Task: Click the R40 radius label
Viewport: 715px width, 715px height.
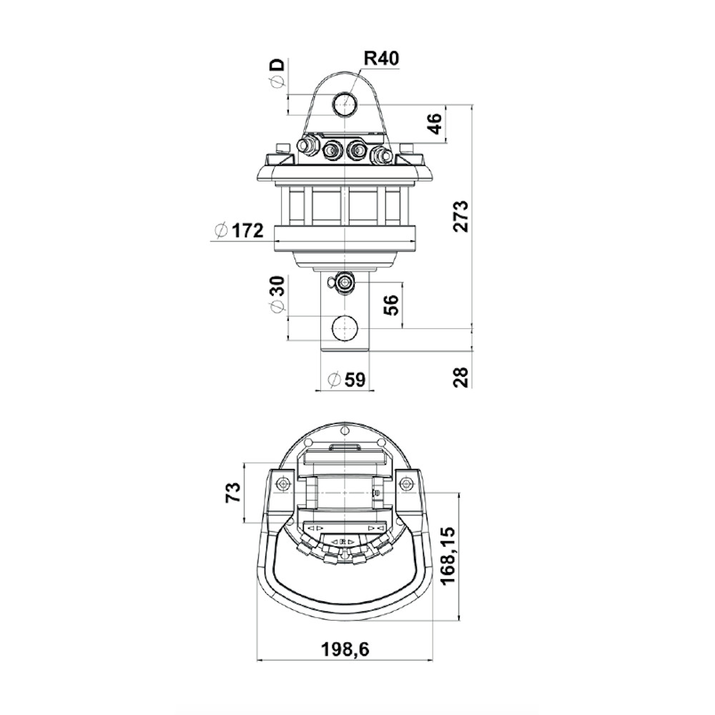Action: [x=381, y=59]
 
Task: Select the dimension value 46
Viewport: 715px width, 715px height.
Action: [x=435, y=124]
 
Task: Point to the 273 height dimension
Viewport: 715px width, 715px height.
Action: [x=461, y=216]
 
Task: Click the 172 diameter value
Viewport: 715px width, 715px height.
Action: [x=247, y=231]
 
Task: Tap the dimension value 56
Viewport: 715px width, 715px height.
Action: [x=391, y=305]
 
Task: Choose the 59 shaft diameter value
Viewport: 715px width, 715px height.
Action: [x=355, y=380]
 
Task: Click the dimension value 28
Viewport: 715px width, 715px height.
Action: [x=461, y=377]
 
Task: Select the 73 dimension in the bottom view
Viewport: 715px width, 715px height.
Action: [x=233, y=493]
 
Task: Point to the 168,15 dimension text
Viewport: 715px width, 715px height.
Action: [x=448, y=555]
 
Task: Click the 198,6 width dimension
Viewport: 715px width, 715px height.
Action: [x=345, y=649]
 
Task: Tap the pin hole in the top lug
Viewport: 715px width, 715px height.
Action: [x=345, y=104]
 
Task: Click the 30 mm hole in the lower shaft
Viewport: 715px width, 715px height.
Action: [x=345, y=327]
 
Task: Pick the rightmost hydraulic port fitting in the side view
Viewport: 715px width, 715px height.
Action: [x=382, y=155]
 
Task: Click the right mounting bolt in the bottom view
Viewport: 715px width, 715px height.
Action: [x=405, y=484]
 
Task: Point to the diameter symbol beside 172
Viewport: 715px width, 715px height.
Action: [x=220, y=231]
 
